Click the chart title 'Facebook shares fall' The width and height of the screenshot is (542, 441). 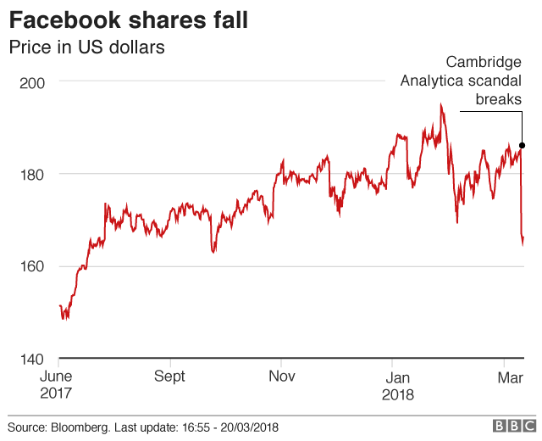pyautogui.click(x=129, y=20)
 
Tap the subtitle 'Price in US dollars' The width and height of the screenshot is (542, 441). pyautogui.click(x=86, y=47)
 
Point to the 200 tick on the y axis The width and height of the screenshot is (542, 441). pyautogui.click(x=32, y=82)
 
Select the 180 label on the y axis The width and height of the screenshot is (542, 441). pyautogui.click(x=32, y=174)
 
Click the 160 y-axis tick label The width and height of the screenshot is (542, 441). pyautogui.click(x=32, y=266)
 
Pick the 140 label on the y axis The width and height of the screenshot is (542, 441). pyautogui.click(x=32, y=359)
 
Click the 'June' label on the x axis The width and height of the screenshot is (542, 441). pyautogui.click(x=58, y=377)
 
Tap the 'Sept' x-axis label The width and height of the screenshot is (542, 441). pyautogui.click(x=170, y=377)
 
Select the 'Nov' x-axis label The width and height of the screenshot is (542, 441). pyautogui.click(x=281, y=377)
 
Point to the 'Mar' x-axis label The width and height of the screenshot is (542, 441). pyautogui.click(x=509, y=377)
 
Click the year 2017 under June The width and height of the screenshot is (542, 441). pyautogui.click(x=58, y=394)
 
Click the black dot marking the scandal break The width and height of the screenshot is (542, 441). pyautogui.click(x=522, y=145)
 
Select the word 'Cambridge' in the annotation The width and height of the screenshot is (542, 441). pyautogui.click(x=484, y=62)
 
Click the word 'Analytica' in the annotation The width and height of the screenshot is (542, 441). pyautogui.click(x=432, y=81)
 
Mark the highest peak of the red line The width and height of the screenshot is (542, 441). pyautogui.click(x=441, y=105)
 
